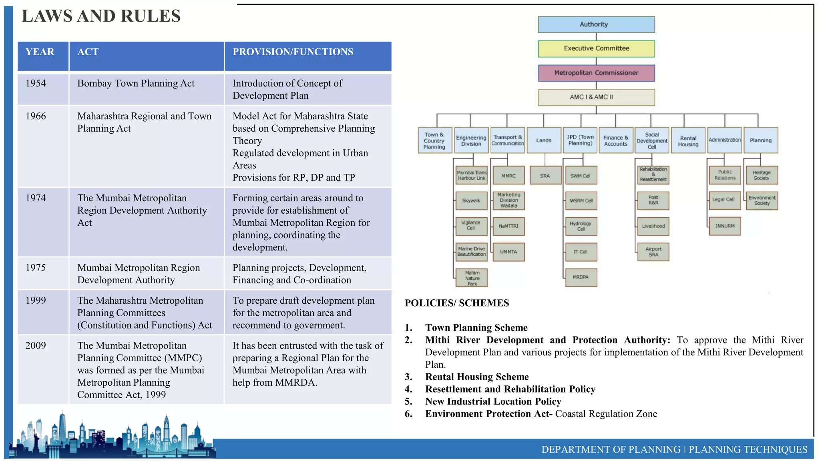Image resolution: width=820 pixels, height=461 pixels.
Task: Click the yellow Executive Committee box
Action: pyautogui.click(x=596, y=48)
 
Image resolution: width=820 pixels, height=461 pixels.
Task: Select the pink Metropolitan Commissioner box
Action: pyautogui.click(x=596, y=73)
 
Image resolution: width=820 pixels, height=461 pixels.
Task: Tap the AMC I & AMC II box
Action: pyautogui.click(x=596, y=97)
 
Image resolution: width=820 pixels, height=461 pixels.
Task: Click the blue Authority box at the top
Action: pyautogui.click(x=596, y=24)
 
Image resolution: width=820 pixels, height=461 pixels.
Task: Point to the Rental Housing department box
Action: pyautogui.click(x=688, y=140)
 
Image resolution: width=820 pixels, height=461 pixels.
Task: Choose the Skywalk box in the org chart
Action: pyautogui.click(x=471, y=200)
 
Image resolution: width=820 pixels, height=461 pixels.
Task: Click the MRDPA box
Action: pyautogui.click(x=581, y=277)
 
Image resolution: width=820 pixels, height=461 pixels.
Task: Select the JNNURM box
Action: pyautogui.click(x=725, y=226)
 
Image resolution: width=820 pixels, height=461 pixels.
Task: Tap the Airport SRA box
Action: pyautogui.click(x=653, y=252)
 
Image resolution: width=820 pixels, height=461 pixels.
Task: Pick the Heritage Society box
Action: pyautogui.click(x=762, y=175)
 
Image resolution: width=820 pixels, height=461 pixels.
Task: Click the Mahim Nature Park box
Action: pyautogui.click(x=472, y=278)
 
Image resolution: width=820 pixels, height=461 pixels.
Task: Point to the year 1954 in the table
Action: pyautogui.click(x=36, y=83)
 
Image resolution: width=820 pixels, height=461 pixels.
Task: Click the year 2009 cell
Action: pyautogui.click(x=36, y=345)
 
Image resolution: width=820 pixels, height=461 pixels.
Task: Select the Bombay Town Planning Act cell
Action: pyautogui.click(x=136, y=83)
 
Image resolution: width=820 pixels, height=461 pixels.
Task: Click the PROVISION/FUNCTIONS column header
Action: pyautogui.click(x=293, y=52)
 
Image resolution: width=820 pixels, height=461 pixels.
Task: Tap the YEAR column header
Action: pyautogui.click(x=40, y=52)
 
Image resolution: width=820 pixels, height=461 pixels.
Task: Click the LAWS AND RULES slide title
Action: pyautogui.click(x=101, y=16)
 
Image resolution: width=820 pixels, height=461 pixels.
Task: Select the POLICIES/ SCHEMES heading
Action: pyautogui.click(x=457, y=303)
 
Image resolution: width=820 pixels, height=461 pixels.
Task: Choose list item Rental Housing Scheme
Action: pyautogui.click(x=477, y=377)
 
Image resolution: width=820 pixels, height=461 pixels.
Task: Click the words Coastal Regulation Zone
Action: pyautogui.click(x=606, y=414)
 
